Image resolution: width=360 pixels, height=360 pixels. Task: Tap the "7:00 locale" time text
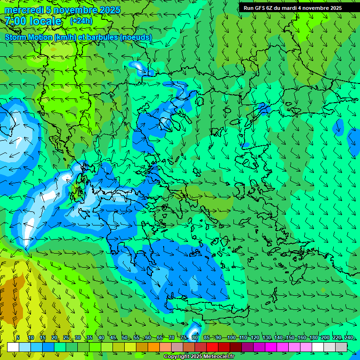pyautogui.click(x=33, y=21)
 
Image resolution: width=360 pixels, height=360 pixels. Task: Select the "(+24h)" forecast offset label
pyautogui.click(x=81, y=21)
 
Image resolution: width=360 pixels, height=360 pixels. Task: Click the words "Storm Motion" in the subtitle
pyautogui.click(x=29, y=37)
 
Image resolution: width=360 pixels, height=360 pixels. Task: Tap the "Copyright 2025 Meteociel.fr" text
pyautogui.click(x=199, y=357)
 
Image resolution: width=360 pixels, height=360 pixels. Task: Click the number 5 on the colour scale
pyautogui.click(x=18, y=337)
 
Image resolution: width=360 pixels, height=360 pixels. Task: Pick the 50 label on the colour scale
pyautogui.click(x=124, y=337)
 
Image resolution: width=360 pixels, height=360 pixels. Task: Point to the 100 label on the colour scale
pyautogui.click(x=231, y=337)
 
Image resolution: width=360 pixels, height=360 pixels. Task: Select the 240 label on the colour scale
pyautogui.click(x=349, y=337)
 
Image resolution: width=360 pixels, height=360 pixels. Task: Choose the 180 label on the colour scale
pyautogui.click(x=313, y=337)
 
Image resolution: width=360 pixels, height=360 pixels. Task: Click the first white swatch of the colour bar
pyautogui.click(x=13, y=347)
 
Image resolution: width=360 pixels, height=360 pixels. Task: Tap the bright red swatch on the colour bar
pyautogui.click(x=212, y=347)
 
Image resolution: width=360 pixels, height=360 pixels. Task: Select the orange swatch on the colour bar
pyautogui.click(x=154, y=347)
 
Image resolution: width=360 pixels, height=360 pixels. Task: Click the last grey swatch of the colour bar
pyautogui.click(x=342, y=347)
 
